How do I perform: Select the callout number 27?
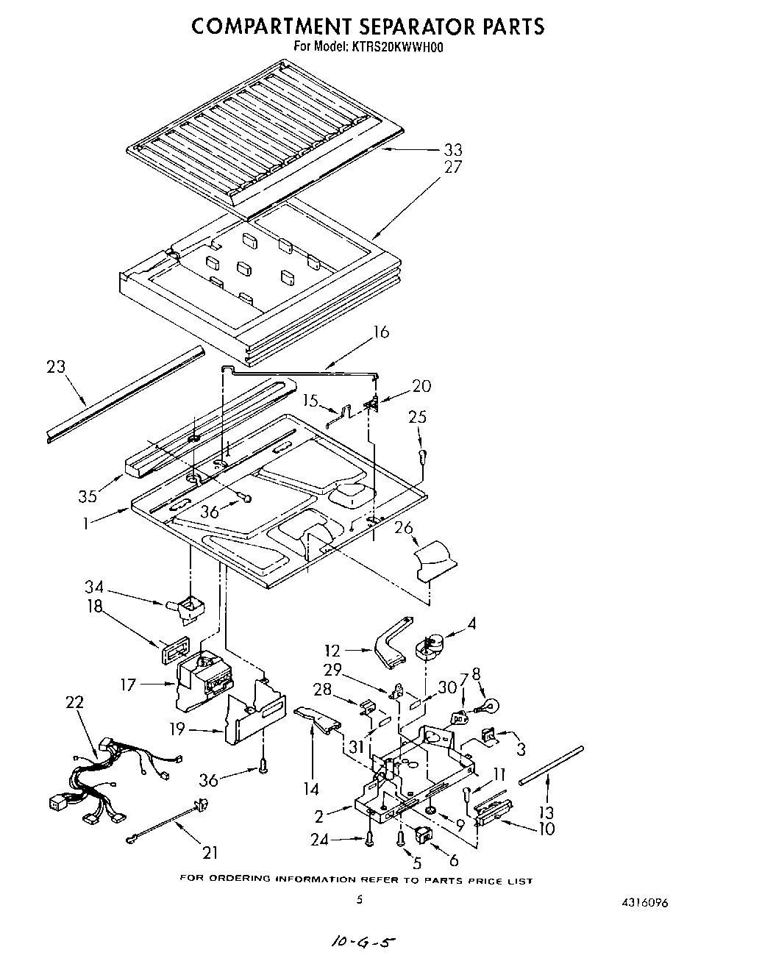[x=453, y=168]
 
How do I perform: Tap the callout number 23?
[x=56, y=366]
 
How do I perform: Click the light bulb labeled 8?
[x=486, y=707]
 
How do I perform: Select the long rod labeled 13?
[x=551, y=765]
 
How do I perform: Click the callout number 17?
[x=129, y=686]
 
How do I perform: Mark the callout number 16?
[x=381, y=332]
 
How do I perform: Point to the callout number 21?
[x=211, y=853]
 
